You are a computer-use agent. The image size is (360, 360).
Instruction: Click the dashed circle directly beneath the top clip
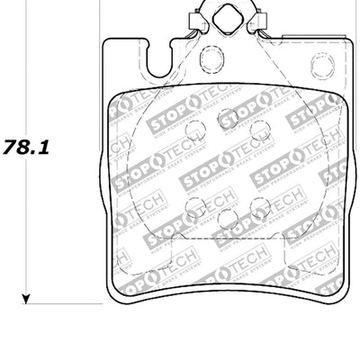pos(212,59)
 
